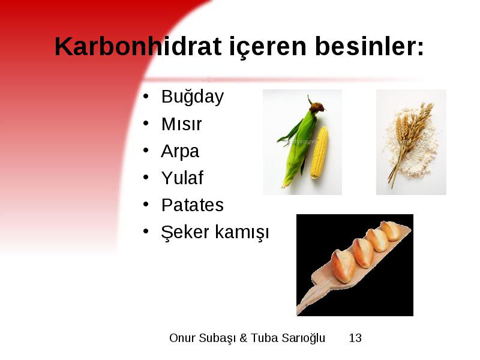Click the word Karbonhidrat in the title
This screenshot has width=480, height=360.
(x=138, y=46)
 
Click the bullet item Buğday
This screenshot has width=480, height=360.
(x=193, y=97)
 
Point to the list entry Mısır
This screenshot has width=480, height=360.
(x=182, y=124)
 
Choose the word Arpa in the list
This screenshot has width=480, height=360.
(x=180, y=152)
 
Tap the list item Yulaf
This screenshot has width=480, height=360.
(x=182, y=178)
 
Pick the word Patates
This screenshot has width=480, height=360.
(x=193, y=205)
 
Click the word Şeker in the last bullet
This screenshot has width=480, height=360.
(x=185, y=232)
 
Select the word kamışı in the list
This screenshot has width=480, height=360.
(x=242, y=232)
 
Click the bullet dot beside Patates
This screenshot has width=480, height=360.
(x=146, y=205)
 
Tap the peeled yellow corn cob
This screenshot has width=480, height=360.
(x=319, y=152)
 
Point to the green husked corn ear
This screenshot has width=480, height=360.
(x=298, y=144)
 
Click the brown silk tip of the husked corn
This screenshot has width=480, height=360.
(x=317, y=107)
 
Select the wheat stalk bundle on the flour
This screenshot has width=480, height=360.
(x=410, y=141)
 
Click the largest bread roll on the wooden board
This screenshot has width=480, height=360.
(x=343, y=266)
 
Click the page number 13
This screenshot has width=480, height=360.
(x=355, y=338)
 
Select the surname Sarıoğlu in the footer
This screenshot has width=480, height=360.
(x=303, y=338)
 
